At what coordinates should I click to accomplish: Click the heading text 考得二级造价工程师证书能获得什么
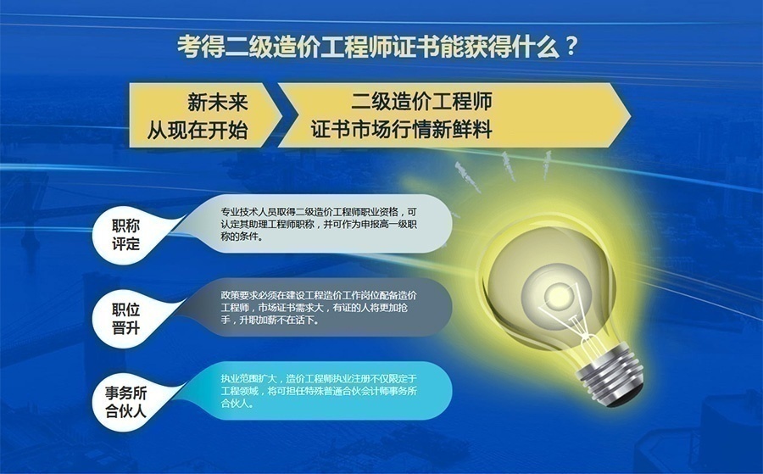pos(368,47)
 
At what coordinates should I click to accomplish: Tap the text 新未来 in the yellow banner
pos(218,103)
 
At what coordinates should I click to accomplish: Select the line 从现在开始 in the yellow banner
pos(197,130)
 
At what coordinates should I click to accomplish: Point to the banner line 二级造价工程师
pos(421,101)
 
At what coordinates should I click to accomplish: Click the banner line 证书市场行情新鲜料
pos(402,129)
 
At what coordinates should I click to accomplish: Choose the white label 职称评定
pos(125,235)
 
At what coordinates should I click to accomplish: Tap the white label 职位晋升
pos(125,319)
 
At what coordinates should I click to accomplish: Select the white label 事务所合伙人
pos(125,403)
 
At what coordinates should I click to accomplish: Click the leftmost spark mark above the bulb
pos(467,176)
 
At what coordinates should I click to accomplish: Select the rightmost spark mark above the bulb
pos(548,164)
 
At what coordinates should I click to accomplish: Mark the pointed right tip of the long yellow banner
pos(631,115)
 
